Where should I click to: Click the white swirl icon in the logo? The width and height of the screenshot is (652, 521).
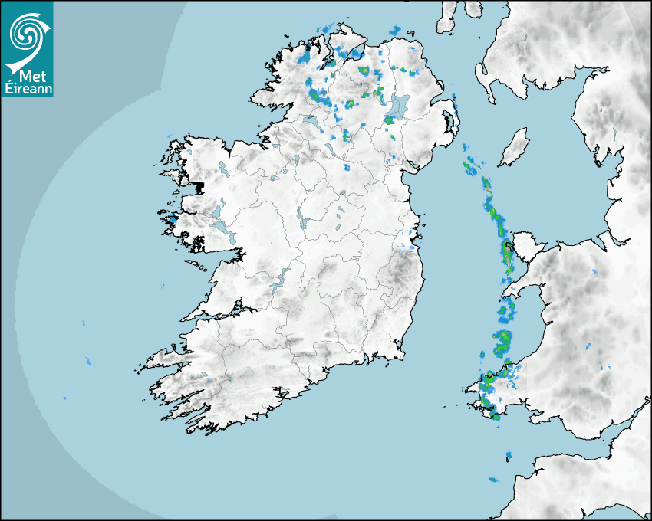(x=26, y=33)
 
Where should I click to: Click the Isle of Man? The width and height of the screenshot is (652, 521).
(x=515, y=147)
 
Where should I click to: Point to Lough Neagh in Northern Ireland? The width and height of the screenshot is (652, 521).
(x=400, y=106)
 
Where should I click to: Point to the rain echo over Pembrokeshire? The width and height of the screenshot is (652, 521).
(x=489, y=391)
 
